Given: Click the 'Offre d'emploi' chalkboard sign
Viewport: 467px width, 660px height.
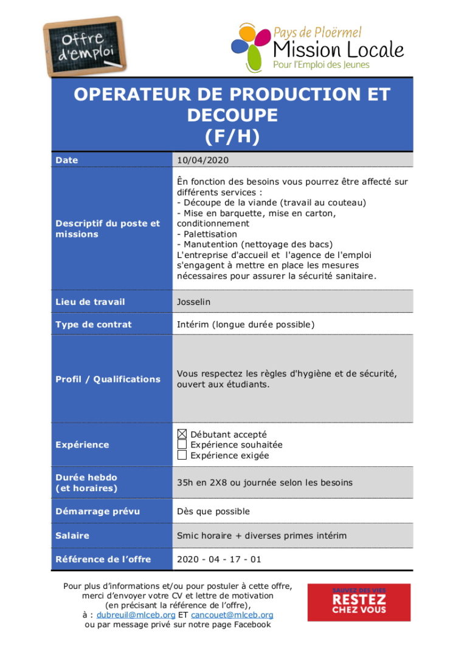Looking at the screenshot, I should click(x=84, y=46).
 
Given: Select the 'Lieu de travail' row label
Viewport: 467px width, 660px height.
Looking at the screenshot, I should click(x=90, y=302).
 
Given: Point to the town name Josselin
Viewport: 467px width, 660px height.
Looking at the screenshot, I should click(x=195, y=302).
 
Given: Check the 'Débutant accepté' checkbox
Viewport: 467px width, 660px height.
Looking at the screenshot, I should click(x=182, y=434).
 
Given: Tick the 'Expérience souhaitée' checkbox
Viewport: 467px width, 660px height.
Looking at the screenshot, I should click(x=182, y=444).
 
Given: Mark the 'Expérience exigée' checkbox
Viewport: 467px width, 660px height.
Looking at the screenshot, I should click(x=182, y=455).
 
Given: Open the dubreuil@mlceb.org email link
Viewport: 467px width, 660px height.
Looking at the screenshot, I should click(x=127, y=615).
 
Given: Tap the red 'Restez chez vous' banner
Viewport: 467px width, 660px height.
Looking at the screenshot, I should click(x=359, y=602).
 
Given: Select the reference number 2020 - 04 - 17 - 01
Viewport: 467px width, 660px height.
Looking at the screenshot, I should click(x=219, y=559).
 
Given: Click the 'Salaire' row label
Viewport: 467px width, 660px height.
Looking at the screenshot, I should click(x=72, y=536).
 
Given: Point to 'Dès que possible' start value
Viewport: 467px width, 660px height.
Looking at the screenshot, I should click(x=213, y=511).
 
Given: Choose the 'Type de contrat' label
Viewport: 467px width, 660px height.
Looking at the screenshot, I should click(x=93, y=324).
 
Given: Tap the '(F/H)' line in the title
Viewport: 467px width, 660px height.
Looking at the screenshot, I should click(x=232, y=137).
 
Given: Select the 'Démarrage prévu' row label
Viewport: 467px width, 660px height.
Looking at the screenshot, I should click(x=97, y=511).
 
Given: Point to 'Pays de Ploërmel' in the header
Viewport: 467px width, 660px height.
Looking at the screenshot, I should click(x=317, y=32).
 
